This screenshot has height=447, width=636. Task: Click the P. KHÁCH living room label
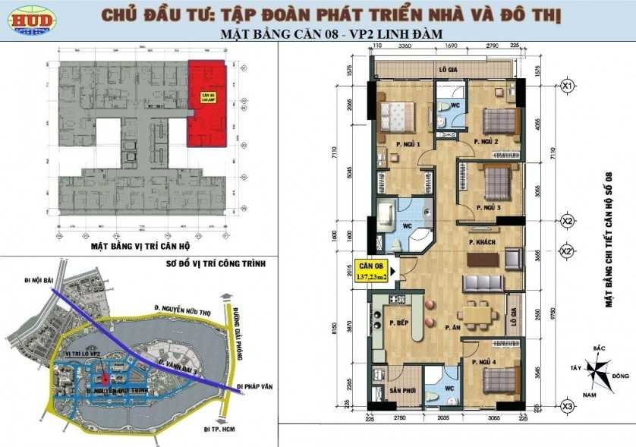coord(482,240)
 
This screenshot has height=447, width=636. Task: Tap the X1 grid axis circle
coord(566,86)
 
